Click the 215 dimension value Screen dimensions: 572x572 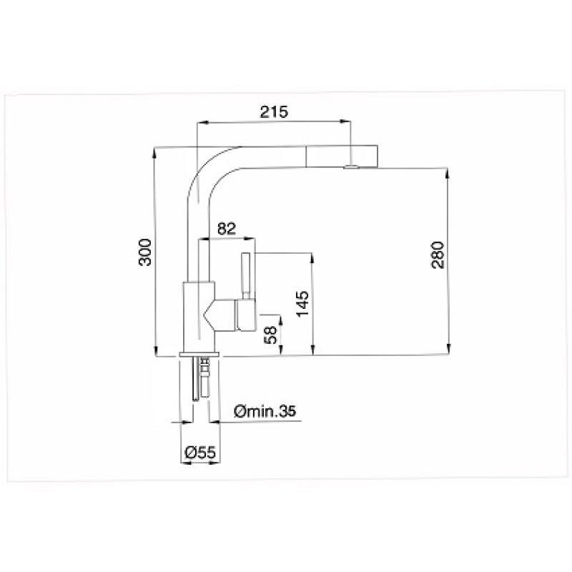(x=274, y=112)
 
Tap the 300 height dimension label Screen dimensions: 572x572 (x=145, y=252)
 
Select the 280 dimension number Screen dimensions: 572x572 (x=438, y=255)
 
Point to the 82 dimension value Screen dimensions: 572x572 (x=227, y=228)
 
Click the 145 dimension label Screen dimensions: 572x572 (x=302, y=304)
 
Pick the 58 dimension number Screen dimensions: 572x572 (x=271, y=335)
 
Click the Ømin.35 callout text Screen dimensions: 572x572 (x=265, y=412)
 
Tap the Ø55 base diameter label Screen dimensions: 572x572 (x=200, y=453)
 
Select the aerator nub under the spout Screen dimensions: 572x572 (x=350, y=167)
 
